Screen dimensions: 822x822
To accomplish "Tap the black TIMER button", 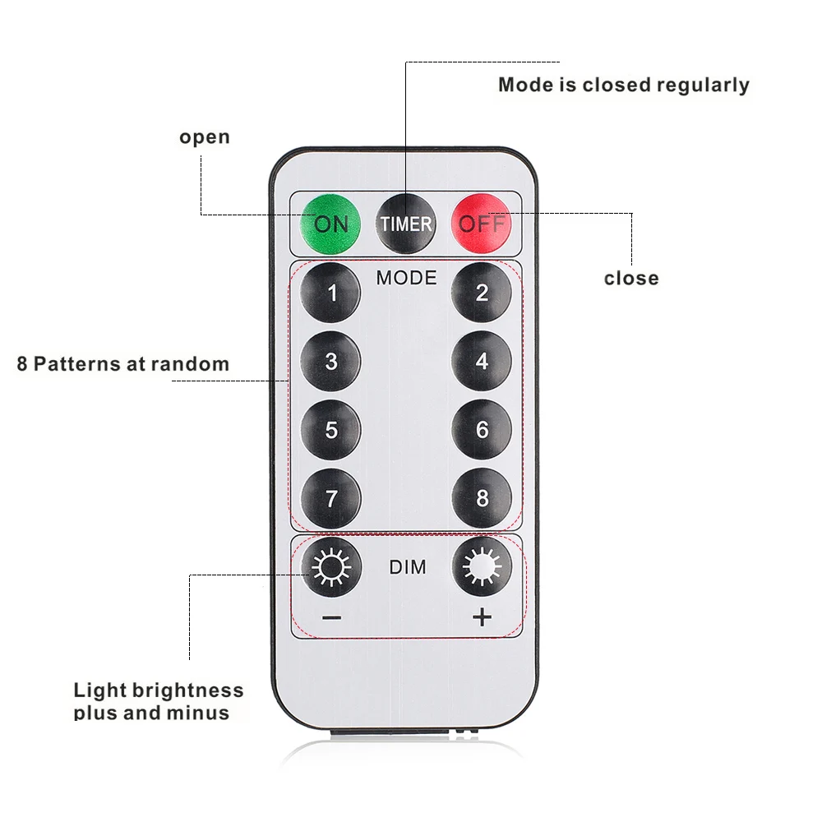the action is [405, 223].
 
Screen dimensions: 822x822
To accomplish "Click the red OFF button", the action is [482, 223].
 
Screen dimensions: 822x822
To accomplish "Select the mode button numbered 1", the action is [331, 293].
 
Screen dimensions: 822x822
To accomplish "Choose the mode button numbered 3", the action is [331, 361].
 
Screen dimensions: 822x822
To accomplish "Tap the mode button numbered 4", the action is [482, 361].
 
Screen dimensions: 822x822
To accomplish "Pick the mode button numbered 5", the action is [331, 430].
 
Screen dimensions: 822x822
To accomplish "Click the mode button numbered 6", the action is [482, 430].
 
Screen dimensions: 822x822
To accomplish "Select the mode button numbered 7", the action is [331, 498].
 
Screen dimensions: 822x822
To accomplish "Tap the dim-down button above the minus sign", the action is [331, 566].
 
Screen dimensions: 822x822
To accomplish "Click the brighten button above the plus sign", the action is [482, 566].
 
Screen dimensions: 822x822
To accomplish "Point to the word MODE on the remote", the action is [406, 278].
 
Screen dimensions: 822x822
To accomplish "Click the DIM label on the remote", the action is [407, 567].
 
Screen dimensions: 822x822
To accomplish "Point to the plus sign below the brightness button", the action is [482, 617].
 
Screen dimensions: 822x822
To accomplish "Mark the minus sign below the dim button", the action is [331, 617].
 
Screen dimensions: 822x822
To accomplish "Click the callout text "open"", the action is [205, 137].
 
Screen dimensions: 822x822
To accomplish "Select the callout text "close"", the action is [631, 278].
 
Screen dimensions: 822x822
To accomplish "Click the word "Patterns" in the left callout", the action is [75, 363].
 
